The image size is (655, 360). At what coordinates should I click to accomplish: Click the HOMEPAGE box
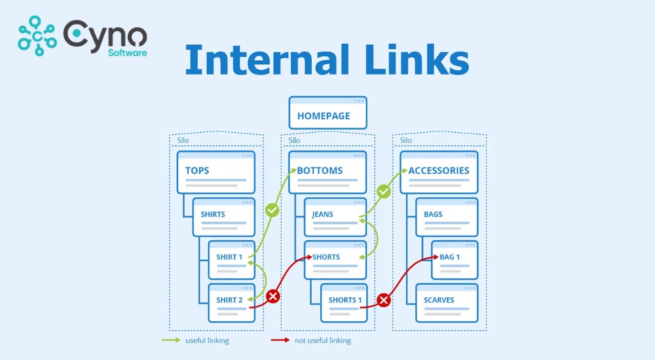pyautogui.click(x=327, y=113)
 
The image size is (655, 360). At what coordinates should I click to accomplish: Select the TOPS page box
pyautogui.click(x=215, y=172)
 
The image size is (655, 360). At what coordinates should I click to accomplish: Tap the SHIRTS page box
pyautogui.click(x=223, y=217)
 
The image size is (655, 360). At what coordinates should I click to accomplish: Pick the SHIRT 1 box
pyautogui.click(x=231, y=260)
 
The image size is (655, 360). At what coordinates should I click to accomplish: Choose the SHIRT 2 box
pyautogui.click(x=231, y=302)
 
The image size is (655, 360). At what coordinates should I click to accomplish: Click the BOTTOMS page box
pyautogui.click(x=327, y=172)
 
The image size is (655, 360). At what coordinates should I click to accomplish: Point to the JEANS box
pyautogui.click(x=335, y=217)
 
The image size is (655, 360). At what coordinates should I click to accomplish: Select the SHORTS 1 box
pyautogui.click(x=343, y=302)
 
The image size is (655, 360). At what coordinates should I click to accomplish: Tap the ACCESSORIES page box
pyautogui.click(x=439, y=172)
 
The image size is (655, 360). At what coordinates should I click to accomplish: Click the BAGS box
pyautogui.click(x=447, y=217)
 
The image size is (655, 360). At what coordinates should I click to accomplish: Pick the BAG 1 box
pyautogui.click(x=455, y=260)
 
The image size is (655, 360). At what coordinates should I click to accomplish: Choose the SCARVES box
pyautogui.click(x=447, y=302)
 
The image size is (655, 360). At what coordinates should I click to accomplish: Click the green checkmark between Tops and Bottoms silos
pyautogui.click(x=272, y=211)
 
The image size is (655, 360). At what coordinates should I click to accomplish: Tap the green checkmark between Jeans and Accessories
pyautogui.click(x=384, y=192)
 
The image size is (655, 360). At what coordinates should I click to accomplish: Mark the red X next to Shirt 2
pyautogui.click(x=273, y=297)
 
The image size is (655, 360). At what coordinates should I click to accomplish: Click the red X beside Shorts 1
pyautogui.click(x=384, y=300)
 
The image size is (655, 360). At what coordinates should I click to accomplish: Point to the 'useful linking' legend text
pyautogui.click(x=207, y=340)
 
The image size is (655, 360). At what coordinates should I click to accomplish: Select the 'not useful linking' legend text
pyautogui.click(x=322, y=340)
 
